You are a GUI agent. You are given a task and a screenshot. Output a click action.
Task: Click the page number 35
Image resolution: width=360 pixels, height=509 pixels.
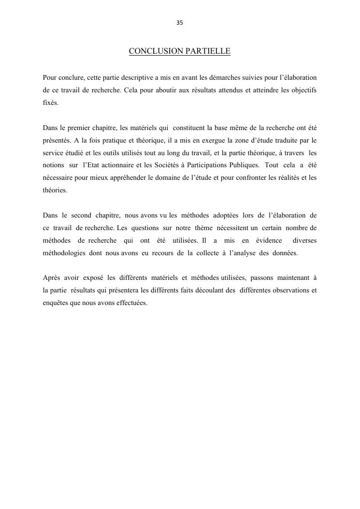point(180,23)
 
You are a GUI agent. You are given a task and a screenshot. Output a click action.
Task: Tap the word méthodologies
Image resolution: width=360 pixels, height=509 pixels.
point(64,253)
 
